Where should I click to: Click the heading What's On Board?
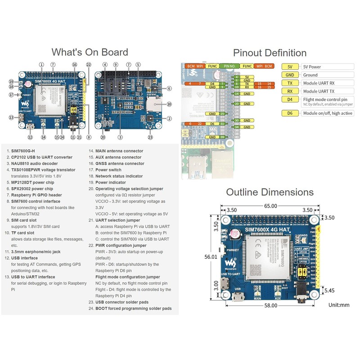(x=90, y=52)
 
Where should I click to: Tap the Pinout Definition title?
(x=270, y=53)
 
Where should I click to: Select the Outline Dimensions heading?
(x=270, y=193)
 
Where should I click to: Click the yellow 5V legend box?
(x=290, y=67)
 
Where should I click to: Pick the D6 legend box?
(x=290, y=113)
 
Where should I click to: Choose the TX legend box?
(x=290, y=83)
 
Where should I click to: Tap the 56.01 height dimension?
(x=211, y=257)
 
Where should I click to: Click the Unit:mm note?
(x=338, y=305)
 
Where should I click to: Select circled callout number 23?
(x=150, y=137)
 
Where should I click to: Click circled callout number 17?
(x=10, y=95)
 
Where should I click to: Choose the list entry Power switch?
(x=108, y=170)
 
